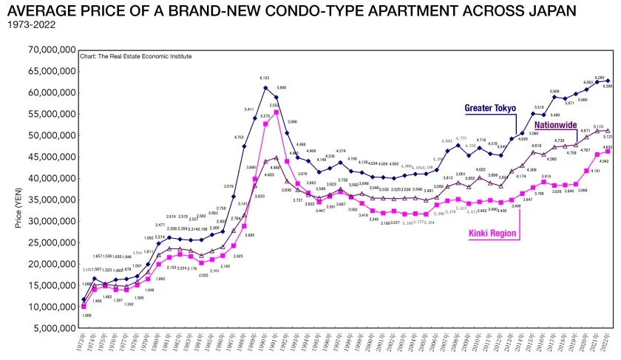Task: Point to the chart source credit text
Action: click(x=137, y=56)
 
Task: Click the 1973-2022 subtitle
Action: click(x=29, y=24)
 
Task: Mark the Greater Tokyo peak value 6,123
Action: click(x=265, y=78)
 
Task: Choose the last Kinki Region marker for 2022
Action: click(x=608, y=150)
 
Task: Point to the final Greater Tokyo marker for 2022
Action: click(x=608, y=81)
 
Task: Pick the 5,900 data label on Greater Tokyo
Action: click(x=281, y=87)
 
